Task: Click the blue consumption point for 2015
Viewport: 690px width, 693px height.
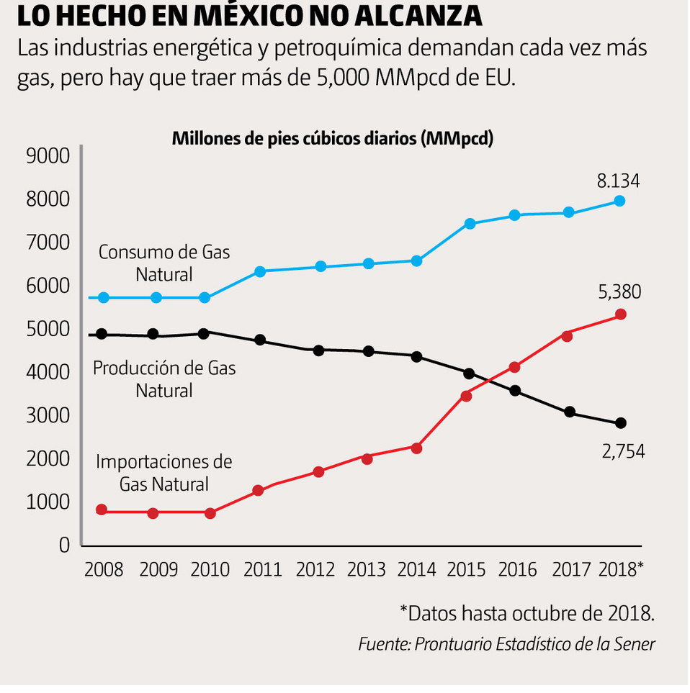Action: click(x=470, y=224)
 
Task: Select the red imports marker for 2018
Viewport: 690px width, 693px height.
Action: click(x=620, y=314)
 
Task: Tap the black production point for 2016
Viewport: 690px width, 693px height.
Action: click(x=516, y=391)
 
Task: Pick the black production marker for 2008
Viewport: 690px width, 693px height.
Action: click(x=102, y=334)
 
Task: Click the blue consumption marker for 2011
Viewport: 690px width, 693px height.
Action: click(x=260, y=271)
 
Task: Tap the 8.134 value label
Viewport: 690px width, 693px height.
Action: click(x=617, y=181)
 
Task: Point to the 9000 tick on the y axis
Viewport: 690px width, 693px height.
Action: click(x=48, y=156)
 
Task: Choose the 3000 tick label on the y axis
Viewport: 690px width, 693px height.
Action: click(x=48, y=416)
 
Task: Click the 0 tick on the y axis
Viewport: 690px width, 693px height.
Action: click(x=65, y=545)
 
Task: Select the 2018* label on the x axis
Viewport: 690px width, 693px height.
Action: click(x=621, y=570)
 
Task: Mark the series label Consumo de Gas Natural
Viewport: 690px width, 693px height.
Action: click(x=164, y=263)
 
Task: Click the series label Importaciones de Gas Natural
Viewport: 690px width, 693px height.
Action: click(x=164, y=472)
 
